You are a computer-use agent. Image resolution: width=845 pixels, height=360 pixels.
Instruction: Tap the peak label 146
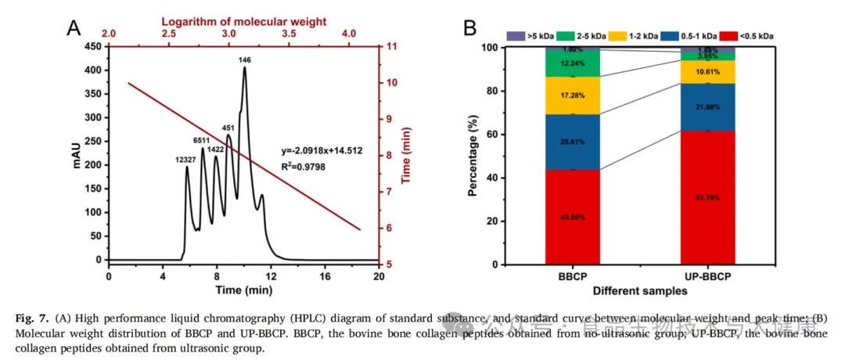pos(245,59)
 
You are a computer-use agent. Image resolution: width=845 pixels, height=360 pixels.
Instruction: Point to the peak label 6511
pos(203,140)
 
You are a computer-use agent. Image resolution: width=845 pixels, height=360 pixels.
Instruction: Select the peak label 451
pos(228,128)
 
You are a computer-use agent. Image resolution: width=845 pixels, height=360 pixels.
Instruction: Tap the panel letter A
pos(74,28)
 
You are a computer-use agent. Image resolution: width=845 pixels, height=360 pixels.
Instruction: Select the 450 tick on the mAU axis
pos(93,47)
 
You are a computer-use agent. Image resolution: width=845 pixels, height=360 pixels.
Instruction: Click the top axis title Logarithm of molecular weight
pos(228,22)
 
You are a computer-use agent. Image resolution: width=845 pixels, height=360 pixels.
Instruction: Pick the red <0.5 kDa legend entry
pos(749,36)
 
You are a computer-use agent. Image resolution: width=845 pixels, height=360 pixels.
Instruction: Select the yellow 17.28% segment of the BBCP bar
pos(573,95)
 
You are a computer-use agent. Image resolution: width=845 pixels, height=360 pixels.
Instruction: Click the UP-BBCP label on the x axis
pos(708,278)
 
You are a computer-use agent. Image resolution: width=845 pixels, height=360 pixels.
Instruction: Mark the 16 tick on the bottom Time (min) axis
pos(325,276)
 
